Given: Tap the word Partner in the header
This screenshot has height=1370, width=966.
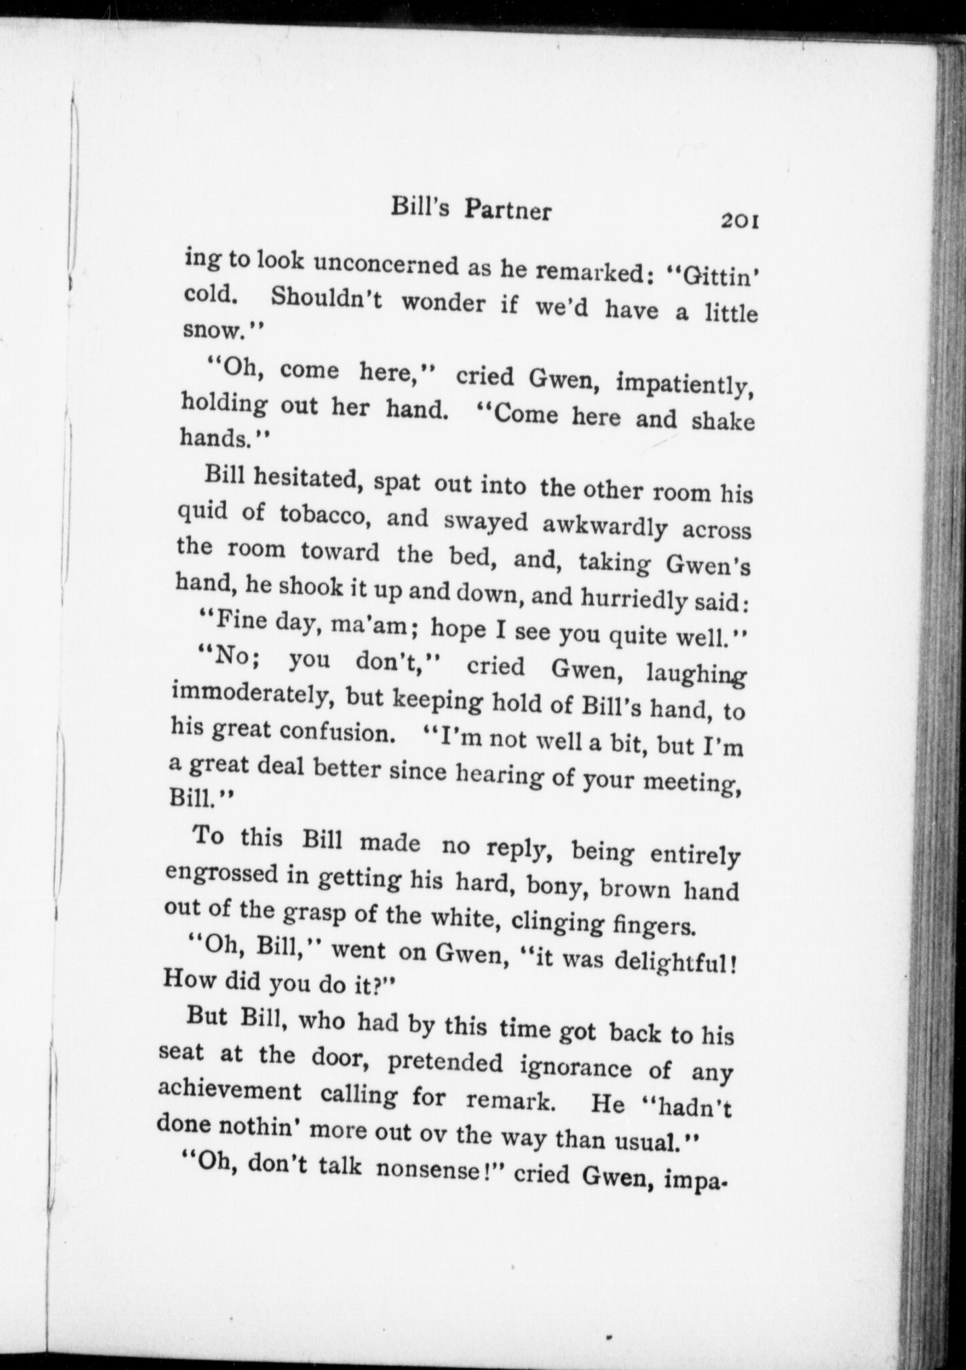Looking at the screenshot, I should (507, 211).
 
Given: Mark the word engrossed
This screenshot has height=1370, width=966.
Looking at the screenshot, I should (221, 874).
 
